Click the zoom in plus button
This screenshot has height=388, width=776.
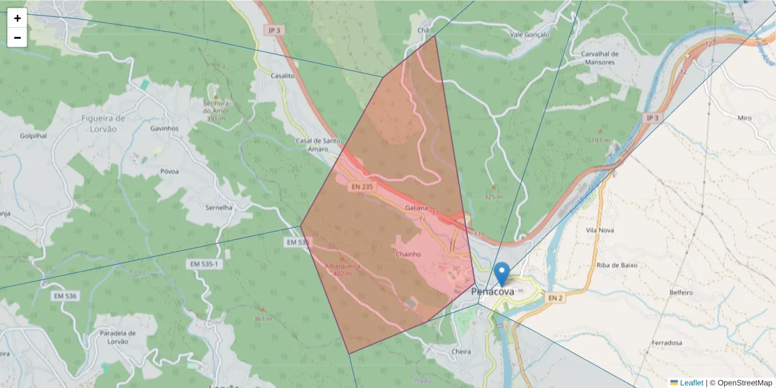click(17, 18)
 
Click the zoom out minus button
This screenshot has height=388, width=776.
click(17, 38)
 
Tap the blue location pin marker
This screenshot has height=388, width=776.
click(501, 275)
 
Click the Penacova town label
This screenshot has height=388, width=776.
click(493, 292)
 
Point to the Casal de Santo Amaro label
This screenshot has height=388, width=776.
click(318, 145)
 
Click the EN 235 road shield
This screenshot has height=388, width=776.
click(363, 187)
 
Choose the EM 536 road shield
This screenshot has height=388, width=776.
click(65, 296)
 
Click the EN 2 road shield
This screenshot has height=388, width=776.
click(555, 297)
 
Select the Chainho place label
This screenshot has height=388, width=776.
click(409, 254)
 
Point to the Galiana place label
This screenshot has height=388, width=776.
click(416, 208)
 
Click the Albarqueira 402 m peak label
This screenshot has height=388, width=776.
click(343, 269)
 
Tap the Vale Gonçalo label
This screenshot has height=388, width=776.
click(529, 34)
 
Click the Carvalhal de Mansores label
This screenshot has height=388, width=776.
click(600, 59)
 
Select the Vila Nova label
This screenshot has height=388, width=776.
click(599, 230)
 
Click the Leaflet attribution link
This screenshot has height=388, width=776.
click(691, 383)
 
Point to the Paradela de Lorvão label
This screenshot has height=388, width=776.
click(116, 337)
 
